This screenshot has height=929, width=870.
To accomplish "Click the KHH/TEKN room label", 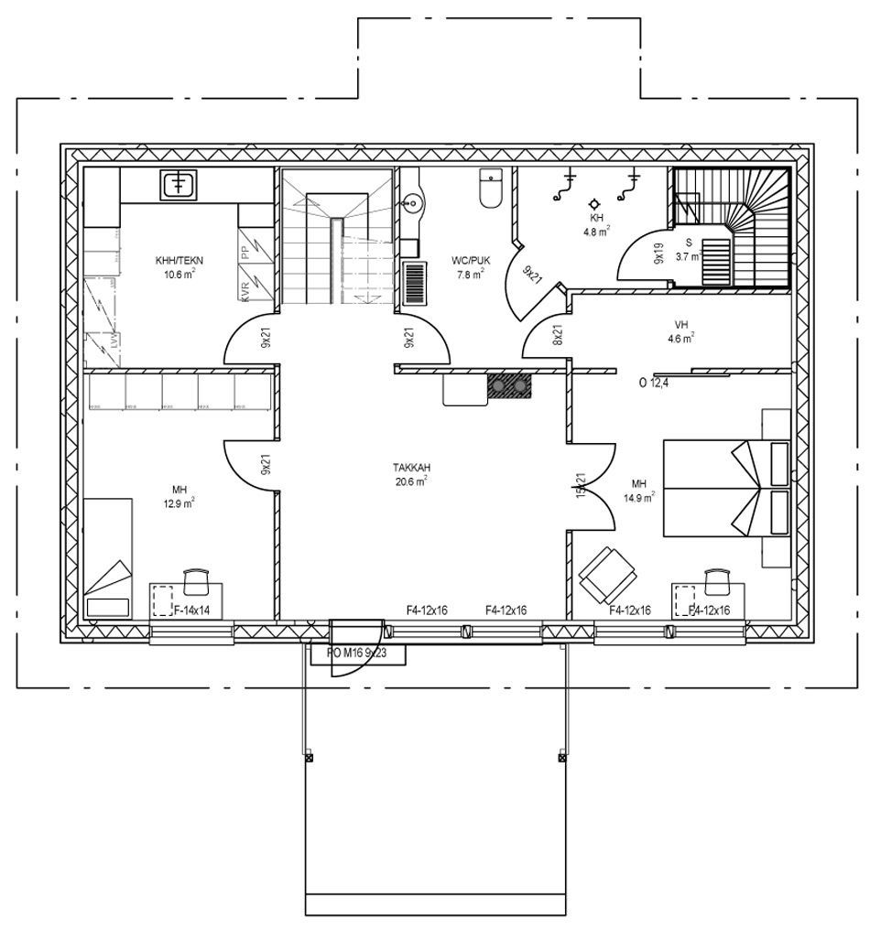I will pos(179,261).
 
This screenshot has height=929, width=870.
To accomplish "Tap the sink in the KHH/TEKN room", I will pos(179,186).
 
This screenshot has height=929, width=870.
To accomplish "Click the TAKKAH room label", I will pos(411,467).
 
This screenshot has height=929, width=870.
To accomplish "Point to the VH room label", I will pos(680,325).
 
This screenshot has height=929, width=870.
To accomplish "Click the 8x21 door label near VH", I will pos(557,334).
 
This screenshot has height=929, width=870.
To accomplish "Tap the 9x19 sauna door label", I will pos(658,254).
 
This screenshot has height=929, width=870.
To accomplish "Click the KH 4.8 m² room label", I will pos(597,219).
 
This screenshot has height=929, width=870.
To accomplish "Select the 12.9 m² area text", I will pos(179,503).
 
